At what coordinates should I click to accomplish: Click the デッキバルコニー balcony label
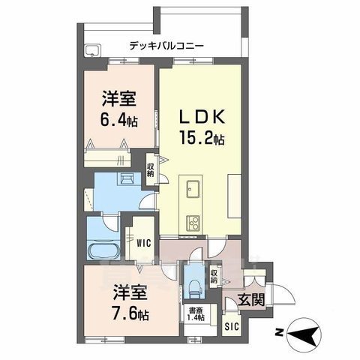166,45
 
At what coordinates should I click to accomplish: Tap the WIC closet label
145,242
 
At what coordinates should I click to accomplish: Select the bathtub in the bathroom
99,249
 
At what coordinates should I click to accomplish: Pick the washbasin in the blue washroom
127,179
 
